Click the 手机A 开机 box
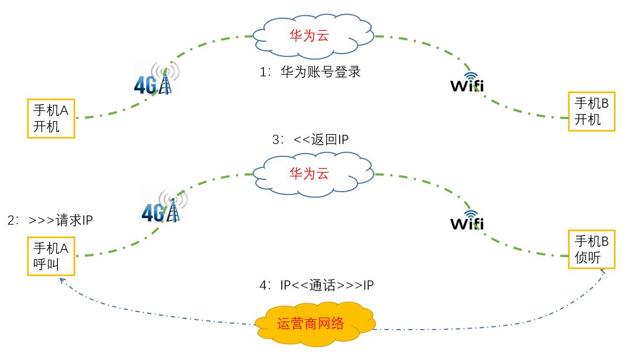(x=51, y=118)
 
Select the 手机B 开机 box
(x=592, y=111)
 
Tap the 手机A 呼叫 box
(x=51, y=257)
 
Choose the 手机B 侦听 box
(x=592, y=249)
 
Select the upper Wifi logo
(x=467, y=83)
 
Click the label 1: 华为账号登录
(x=310, y=72)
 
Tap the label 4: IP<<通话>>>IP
(x=316, y=285)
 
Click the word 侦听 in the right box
(x=587, y=257)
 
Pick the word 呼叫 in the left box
(x=47, y=265)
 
